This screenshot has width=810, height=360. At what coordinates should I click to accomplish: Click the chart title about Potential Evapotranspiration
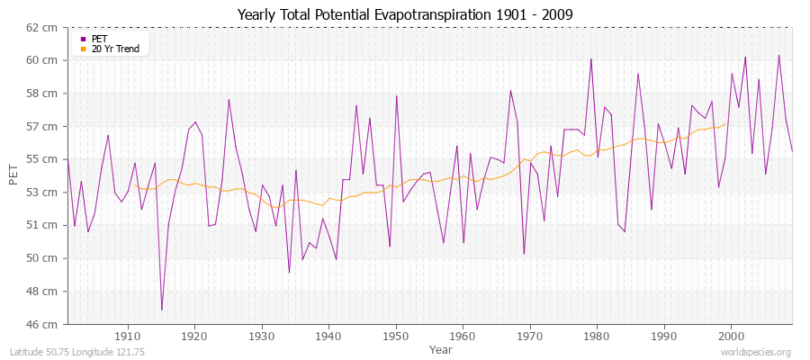click(x=404, y=14)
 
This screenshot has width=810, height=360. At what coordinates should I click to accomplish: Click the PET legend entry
click(x=99, y=39)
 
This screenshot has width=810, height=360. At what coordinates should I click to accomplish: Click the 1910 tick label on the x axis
click(x=128, y=336)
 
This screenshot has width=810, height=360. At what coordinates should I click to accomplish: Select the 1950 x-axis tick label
click(x=396, y=336)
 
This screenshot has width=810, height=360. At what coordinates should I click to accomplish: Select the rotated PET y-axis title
click(x=13, y=175)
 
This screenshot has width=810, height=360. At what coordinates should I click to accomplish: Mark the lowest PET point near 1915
click(x=162, y=310)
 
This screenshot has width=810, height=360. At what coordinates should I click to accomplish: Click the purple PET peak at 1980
click(x=591, y=59)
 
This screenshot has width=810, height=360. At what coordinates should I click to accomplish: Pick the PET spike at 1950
click(x=396, y=95)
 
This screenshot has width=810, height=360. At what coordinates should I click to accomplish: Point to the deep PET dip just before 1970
click(x=524, y=254)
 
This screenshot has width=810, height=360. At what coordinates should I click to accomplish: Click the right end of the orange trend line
click(x=725, y=124)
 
